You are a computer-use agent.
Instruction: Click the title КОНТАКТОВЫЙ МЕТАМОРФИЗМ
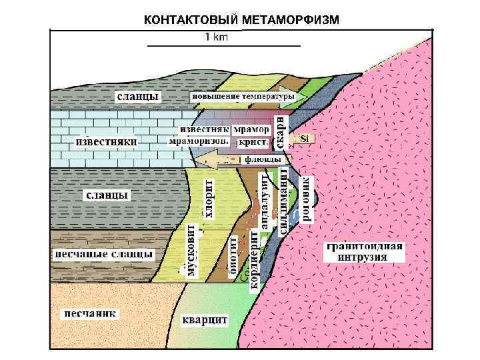(241, 19)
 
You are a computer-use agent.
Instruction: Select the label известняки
(107, 142)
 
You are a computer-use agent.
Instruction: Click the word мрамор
(253, 128)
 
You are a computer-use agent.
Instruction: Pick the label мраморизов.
(199, 141)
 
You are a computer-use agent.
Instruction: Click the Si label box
(305, 139)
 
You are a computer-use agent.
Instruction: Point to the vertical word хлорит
(209, 198)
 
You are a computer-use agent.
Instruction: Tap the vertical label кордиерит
(253, 261)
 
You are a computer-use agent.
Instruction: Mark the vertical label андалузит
(265, 202)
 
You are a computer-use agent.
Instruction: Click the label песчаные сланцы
(103, 254)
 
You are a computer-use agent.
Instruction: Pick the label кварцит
(205, 320)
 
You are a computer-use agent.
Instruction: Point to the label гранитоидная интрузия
(364, 252)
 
